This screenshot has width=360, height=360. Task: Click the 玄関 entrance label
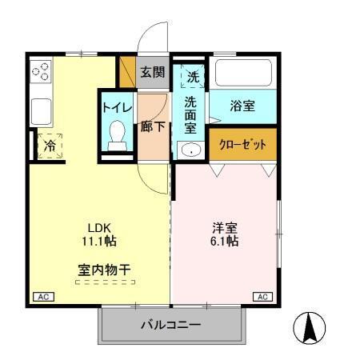click(x=152, y=73)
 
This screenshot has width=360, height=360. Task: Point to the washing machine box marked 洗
click(x=193, y=77)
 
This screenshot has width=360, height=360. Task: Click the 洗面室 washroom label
click(x=191, y=114)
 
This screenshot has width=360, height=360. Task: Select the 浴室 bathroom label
click(x=242, y=105)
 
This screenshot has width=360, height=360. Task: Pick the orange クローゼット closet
click(x=243, y=145)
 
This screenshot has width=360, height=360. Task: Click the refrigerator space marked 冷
click(x=50, y=145)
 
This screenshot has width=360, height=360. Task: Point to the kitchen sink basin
click(x=41, y=108)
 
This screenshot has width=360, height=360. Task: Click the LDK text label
click(x=98, y=226)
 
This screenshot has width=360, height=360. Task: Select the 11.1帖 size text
click(x=98, y=240)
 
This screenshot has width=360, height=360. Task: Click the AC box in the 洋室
click(x=262, y=298)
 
